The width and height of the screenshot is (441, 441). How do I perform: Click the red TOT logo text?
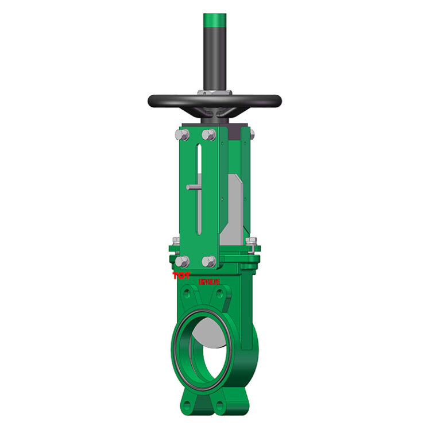181,276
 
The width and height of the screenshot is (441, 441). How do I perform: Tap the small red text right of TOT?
209,281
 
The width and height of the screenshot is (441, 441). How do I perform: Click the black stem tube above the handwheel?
215,57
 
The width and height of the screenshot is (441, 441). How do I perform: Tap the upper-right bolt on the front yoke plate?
210,135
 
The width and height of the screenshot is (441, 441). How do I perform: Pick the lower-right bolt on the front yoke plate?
210,262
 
